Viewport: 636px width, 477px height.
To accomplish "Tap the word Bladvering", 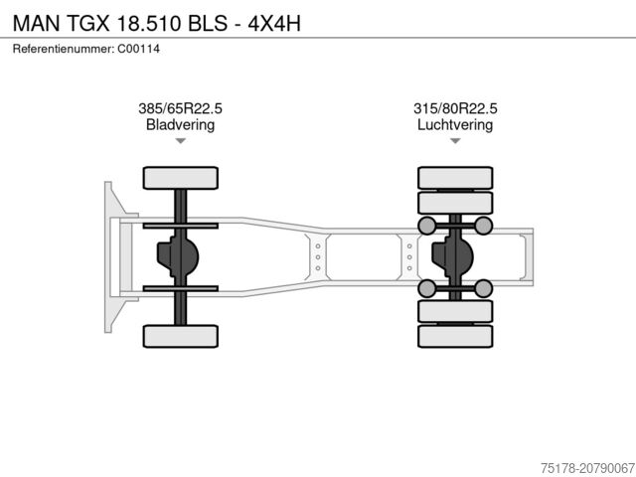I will [180, 125].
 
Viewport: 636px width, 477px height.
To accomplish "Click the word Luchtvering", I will [455, 125].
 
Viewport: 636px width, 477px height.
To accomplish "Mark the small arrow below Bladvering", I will [180, 142].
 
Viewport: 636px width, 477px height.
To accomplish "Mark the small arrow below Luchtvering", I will [455, 142].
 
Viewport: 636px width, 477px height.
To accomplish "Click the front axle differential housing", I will [177, 257].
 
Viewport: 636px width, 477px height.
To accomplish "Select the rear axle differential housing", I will [453, 257].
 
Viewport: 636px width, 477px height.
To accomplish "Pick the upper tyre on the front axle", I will [180, 178].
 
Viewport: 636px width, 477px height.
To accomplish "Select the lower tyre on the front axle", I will [180, 336].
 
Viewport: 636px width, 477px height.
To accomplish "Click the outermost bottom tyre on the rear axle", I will [455, 337].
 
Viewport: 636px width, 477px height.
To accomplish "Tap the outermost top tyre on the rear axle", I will [455, 176].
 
